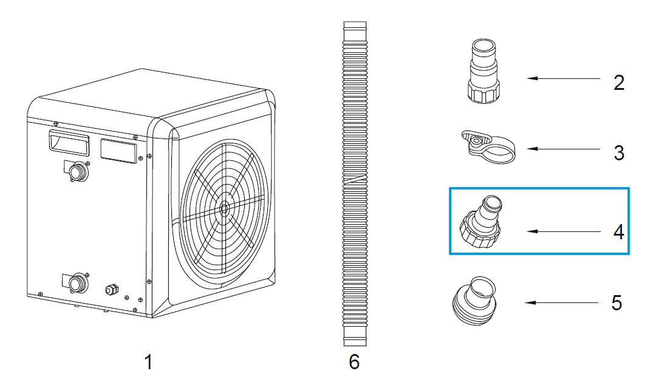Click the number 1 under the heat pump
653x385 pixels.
(148, 363)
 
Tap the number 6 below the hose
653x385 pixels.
(354, 363)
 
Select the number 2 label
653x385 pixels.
(618, 83)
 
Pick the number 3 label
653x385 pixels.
(618, 152)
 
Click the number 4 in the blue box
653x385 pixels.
(618, 231)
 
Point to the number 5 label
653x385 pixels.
(617, 302)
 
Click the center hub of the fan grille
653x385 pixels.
(224, 208)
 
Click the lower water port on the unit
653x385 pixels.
(78, 282)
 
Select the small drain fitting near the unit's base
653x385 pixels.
(111, 289)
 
